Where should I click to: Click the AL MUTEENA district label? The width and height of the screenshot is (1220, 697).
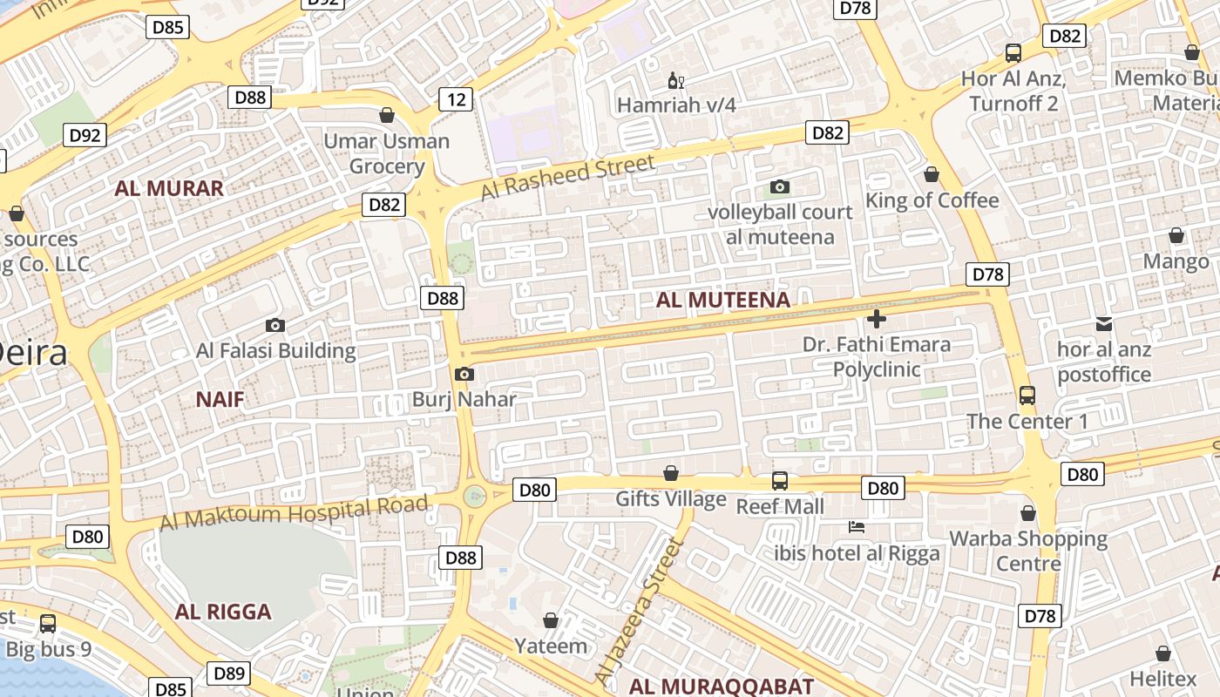pyautogui.click(x=722, y=301)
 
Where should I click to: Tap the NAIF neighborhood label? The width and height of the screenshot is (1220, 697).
pyautogui.click(x=220, y=400)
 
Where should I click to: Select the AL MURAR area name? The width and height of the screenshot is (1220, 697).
pyautogui.click(x=169, y=188)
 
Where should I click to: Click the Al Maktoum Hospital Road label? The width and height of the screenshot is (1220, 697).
pyautogui.click(x=294, y=512)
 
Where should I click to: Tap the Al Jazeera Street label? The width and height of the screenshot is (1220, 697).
pyautogui.click(x=638, y=611)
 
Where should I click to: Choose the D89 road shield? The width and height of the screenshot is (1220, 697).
pyautogui.click(x=229, y=673)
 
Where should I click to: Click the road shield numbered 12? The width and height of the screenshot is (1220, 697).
pyautogui.click(x=456, y=99)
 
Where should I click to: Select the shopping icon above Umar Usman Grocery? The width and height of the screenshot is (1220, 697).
pyautogui.click(x=387, y=115)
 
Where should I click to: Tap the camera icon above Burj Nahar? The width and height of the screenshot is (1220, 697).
pyautogui.click(x=464, y=374)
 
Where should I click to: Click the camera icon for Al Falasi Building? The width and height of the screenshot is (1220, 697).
pyautogui.click(x=275, y=325)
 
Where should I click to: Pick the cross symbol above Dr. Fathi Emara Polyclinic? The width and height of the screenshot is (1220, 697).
pyautogui.click(x=877, y=318)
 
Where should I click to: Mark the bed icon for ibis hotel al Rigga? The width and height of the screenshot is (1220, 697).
pyautogui.click(x=857, y=527)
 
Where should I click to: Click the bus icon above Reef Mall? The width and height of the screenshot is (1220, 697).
pyautogui.click(x=780, y=480)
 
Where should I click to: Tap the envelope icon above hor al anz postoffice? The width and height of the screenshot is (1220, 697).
pyautogui.click(x=1104, y=324)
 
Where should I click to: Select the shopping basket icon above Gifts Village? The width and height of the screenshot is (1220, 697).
pyautogui.click(x=671, y=473)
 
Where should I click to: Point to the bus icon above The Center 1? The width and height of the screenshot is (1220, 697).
pyautogui.click(x=1027, y=396)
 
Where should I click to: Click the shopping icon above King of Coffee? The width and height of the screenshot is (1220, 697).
pyautogui.click(x=932, y=174)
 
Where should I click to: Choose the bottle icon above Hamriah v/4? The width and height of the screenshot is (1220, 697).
pyautogui.click(x=675, y=81)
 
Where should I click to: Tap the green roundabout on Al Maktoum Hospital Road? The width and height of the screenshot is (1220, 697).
pyautogui.click(x=474, y=497)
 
